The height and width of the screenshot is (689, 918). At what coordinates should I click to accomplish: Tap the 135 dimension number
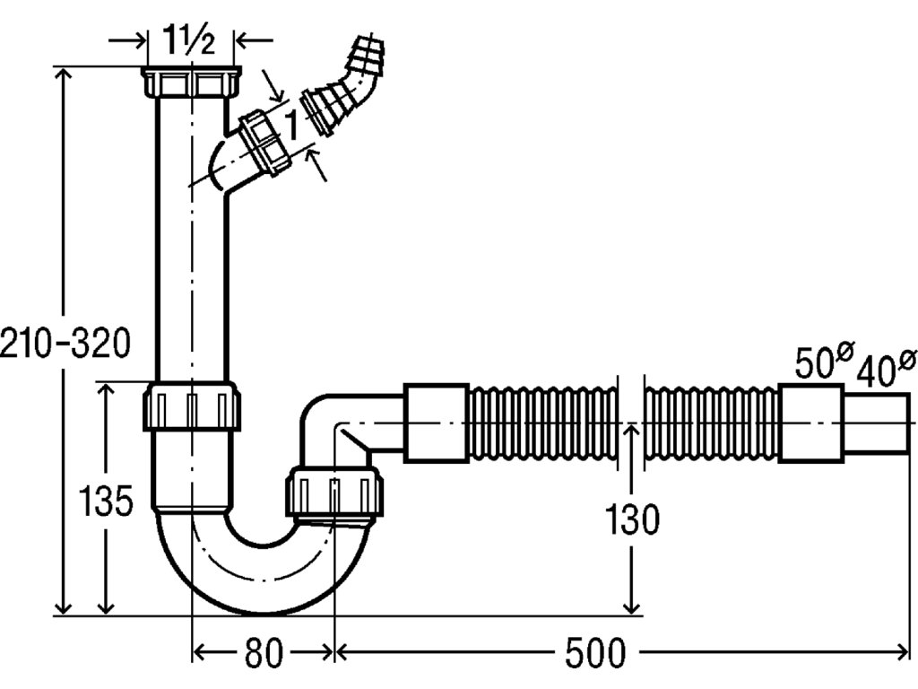point(106,501)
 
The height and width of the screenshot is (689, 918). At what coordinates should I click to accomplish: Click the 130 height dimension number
point(632,519)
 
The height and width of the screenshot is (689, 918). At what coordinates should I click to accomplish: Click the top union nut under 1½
point(192,83)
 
